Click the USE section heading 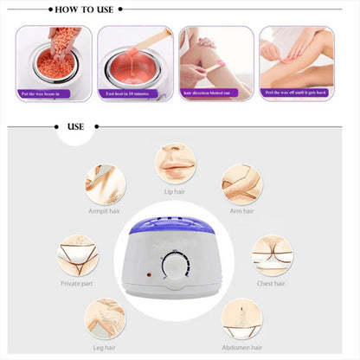tap(75, 125)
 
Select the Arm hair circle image tap(241, 183)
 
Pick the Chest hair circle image tap(272, 255)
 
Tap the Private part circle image tap(77, 255)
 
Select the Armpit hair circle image tap(105, 183)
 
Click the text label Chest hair tap(272, 282)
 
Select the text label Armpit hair tap(105, 210)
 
